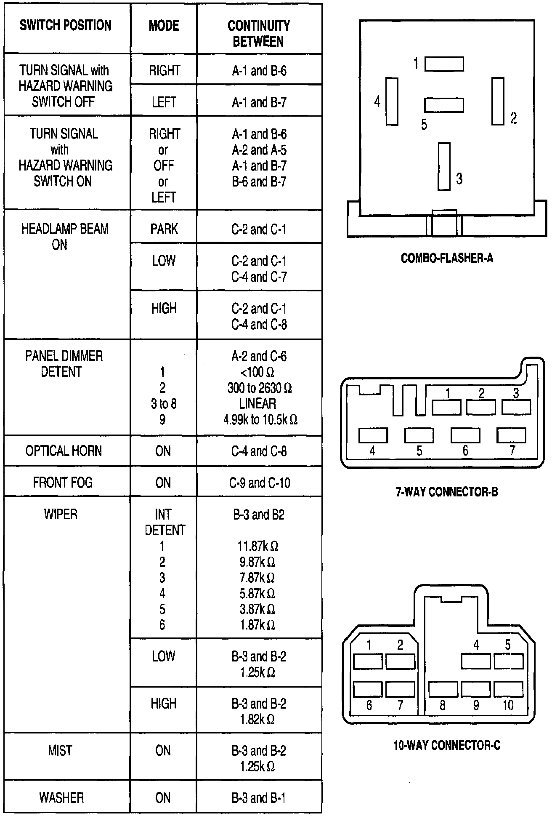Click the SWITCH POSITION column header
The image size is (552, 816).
click(x=66, y=25)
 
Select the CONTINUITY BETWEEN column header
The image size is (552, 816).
click(x=258, y=33)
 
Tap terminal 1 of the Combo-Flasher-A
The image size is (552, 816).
click(x=444, y=64)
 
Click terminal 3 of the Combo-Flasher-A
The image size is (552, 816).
click(x=444, y=166)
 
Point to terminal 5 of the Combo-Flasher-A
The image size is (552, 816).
click(x=444, y=105)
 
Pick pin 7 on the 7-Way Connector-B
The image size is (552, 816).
click(x=511, y=435)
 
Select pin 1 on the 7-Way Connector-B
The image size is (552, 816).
click(x=446, y=407)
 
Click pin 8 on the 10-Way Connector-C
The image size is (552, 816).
click(x=443, y=689)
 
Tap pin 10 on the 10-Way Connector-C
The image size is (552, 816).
click(x=508, y=689)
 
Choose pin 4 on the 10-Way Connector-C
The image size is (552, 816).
click(x=476, y=661)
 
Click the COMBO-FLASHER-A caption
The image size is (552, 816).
click(x=446, y=258)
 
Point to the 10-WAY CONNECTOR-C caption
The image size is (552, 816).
click(x=446, y=745)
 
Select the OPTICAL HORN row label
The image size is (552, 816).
click(x=64, y=451)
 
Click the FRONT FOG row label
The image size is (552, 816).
click(x=63, y=482)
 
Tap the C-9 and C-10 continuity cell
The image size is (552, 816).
click(x=259, y=483)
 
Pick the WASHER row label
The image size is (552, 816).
click(x=61, y=797)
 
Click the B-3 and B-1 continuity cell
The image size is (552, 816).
click(x=259, y=798)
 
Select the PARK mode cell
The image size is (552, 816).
click(x=164, y=229)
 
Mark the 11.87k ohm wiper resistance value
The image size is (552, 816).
click(x=257, y=546)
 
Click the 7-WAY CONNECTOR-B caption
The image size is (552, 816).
click(x=446, y=491)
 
